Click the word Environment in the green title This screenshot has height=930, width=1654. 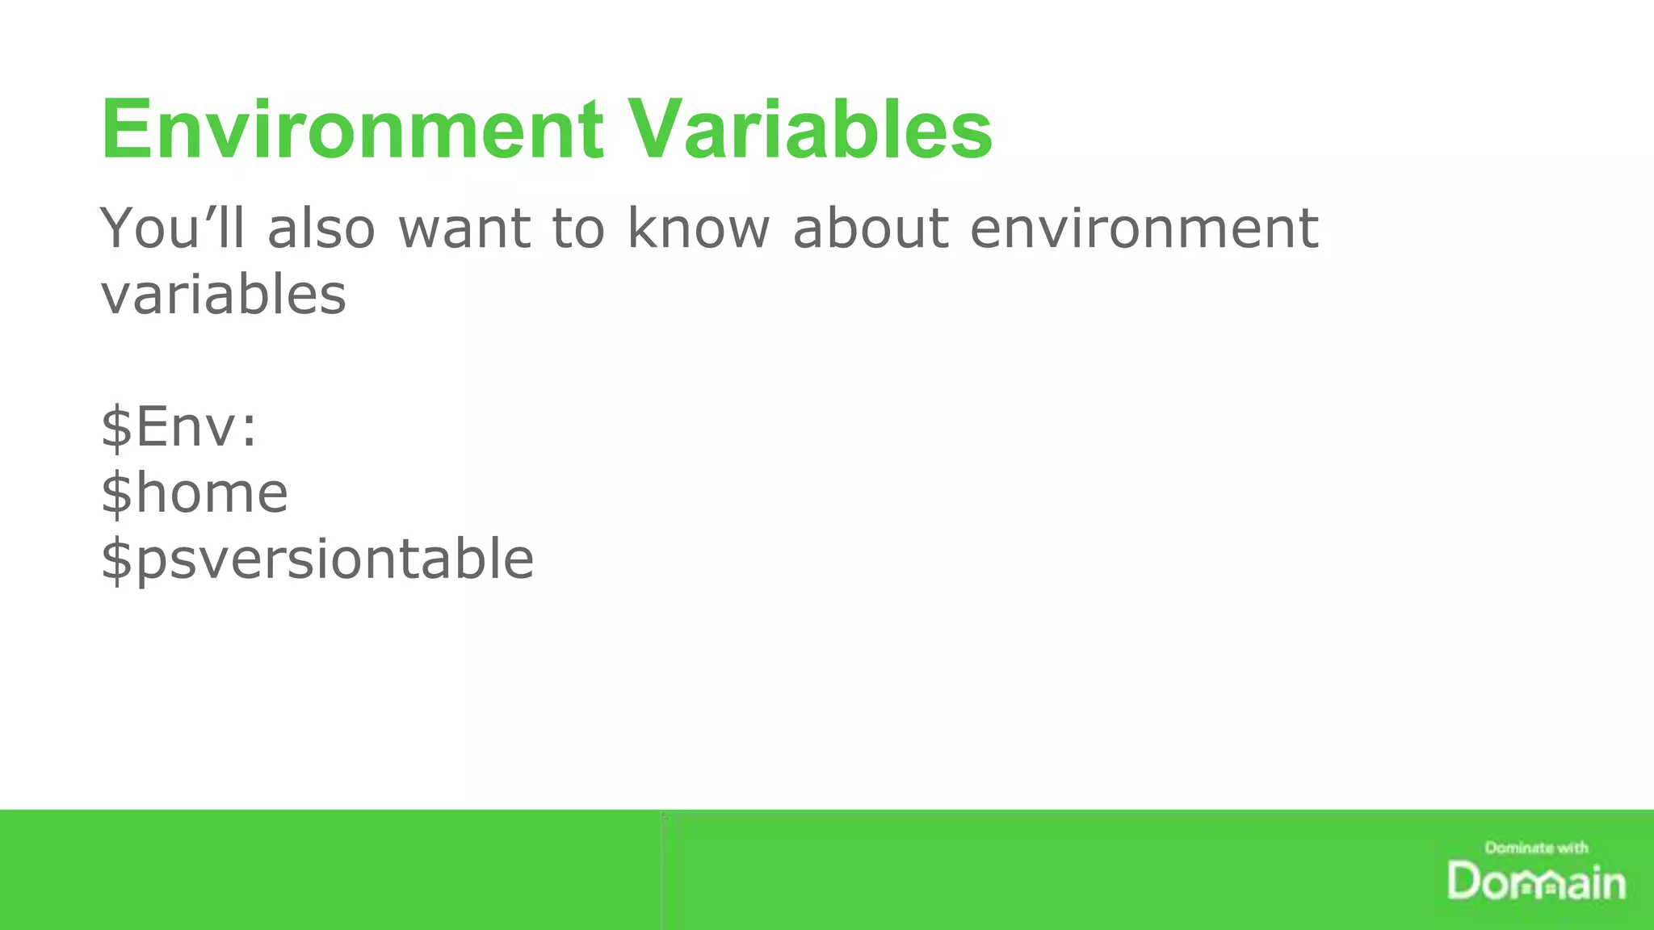pos(351,129)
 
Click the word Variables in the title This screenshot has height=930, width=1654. pos(810,129)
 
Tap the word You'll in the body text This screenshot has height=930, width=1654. pos(172,228)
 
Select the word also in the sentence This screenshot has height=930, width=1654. pos(321,228)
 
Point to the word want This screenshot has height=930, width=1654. pos(464,229)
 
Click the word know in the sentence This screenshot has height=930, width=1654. pos(699,228)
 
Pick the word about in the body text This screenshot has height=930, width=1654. pos(871,228)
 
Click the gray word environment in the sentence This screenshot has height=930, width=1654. pos(1144,228)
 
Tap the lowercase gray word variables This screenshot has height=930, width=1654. pos(224,294)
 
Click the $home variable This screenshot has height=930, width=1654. pos(194,492)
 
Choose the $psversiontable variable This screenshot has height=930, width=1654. pos(317,559)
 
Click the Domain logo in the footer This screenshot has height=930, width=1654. pos(1536,882)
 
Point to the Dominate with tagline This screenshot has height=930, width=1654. pos(1536,848)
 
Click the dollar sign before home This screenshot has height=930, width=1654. pos(116,492)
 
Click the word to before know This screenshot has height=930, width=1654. pos(578,228)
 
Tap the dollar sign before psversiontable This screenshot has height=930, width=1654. pos(116,559)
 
